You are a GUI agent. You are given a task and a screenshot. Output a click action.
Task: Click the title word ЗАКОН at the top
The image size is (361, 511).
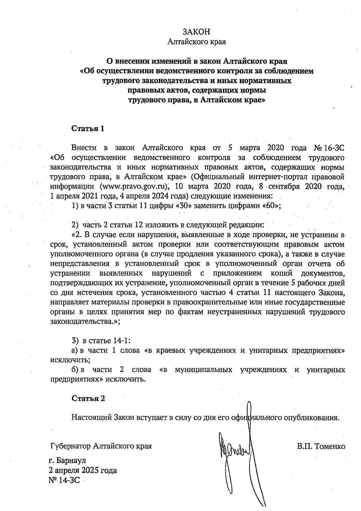[196, 32]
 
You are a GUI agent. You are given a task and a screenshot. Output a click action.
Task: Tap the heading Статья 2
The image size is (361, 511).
[88, 398]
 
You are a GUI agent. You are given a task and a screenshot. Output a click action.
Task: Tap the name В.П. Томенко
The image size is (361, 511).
[321, 446]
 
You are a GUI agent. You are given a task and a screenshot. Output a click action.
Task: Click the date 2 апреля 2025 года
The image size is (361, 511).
[83, 470]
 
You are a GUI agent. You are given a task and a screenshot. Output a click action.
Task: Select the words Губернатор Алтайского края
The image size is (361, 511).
[101, 446]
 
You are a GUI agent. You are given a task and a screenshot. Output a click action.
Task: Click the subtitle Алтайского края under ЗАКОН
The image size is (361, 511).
[196, 42]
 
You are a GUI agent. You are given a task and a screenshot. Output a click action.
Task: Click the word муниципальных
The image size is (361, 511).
[203, 369]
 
